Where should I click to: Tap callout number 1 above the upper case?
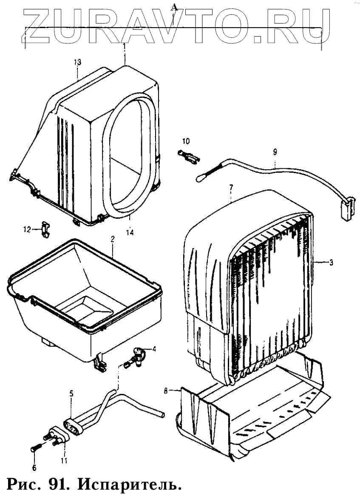pos(124,45)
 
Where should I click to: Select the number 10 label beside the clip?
pos(186,141)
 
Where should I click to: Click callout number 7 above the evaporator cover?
pos(231,188)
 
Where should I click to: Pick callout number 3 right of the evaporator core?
pos(331,262)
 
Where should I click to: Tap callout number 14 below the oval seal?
pos(130,232)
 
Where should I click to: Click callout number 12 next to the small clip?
pos(27,229)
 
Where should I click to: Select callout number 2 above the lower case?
pos(113,240)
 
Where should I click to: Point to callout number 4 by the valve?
pos(154,349)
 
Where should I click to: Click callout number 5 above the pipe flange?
pos(71,393)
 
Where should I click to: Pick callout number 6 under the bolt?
pos(34,468)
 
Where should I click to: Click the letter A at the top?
pos(173,6)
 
